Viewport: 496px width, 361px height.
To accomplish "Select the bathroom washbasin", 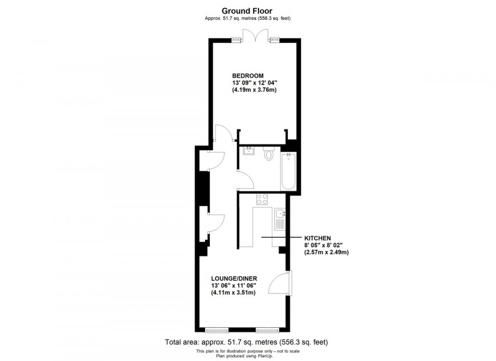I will [248, 150].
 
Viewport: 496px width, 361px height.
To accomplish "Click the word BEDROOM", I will [247, 76].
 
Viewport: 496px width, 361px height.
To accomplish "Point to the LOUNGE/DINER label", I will [234, 278].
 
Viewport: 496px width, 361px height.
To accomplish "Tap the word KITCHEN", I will [318, 238].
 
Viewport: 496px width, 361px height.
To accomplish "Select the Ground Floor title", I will [247, 10].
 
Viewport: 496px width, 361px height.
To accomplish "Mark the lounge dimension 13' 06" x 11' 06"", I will [234, 285].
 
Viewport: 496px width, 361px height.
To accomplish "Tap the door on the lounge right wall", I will [280, 284].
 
